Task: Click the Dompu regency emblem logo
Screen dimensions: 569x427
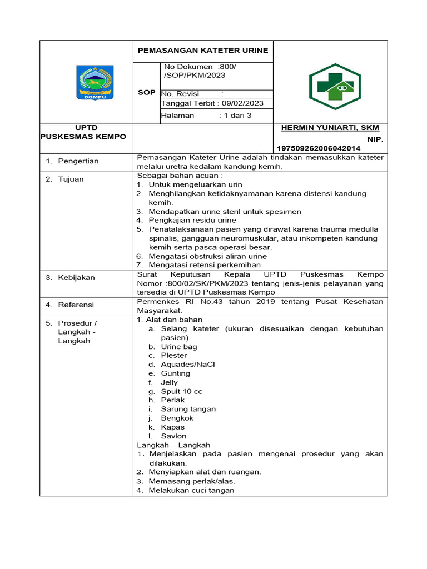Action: tap(95, 83)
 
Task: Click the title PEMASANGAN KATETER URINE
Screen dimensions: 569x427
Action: tap(203, 50)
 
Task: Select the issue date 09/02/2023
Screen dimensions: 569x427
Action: tap(241, 103)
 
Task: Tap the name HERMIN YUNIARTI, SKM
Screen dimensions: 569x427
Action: tap(330, 128)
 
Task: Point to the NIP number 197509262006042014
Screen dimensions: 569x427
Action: tap(319, 148)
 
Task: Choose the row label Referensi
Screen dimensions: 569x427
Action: tap(76, 305)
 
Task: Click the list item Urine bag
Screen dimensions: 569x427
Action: tap(178, 347)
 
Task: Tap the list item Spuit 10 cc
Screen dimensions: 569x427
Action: tap(181, 391)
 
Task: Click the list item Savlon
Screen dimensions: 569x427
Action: tap(173, 436)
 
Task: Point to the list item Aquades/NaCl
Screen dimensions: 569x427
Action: tap(187, 365)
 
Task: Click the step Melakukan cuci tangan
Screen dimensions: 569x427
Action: tap(191, 490)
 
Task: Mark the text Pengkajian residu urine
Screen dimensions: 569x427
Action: tap(192, 221)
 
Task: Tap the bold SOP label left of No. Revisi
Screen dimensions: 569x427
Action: tap(146, 92)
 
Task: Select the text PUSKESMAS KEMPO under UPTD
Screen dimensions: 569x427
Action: tap(83, 137)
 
